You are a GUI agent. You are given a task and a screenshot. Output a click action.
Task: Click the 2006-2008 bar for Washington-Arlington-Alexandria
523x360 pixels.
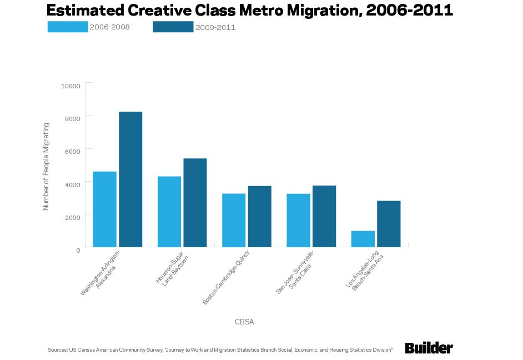point(104,209)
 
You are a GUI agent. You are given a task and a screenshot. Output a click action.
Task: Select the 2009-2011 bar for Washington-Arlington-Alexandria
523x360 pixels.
point(130,179)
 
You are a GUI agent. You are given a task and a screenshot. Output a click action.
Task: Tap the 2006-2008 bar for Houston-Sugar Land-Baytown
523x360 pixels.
point(169,212)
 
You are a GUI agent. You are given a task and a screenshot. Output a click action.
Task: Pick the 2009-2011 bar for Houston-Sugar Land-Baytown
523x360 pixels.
point(195,203)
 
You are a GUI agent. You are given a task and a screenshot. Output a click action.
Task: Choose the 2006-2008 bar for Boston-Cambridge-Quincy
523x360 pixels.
point(234,220)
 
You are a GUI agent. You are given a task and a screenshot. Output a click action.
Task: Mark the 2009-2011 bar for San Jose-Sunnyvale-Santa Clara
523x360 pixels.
point(324,216)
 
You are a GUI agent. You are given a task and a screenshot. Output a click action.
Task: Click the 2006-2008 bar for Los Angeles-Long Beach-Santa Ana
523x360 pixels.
point(363,239)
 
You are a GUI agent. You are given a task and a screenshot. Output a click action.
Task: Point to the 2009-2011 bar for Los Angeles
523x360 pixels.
point(389,224)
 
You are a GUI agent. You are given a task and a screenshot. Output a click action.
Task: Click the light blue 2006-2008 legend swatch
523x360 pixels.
point(68,27)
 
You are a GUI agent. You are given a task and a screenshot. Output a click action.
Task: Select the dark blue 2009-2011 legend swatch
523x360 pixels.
point(173,27)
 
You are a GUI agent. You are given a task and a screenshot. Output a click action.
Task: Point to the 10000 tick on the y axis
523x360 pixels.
point(71,86)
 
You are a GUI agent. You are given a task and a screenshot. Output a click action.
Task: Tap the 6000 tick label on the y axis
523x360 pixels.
point(72,151)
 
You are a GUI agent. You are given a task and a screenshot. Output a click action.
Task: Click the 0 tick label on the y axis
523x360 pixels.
point(78,250)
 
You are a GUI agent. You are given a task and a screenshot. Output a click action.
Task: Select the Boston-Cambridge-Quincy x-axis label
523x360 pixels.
point(226,278)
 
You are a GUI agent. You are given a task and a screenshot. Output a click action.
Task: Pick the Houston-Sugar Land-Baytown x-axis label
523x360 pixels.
point(172,269)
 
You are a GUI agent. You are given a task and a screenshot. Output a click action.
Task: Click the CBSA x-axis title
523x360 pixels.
point(244,322)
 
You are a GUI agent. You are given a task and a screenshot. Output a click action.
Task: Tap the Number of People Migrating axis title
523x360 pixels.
point(47,167)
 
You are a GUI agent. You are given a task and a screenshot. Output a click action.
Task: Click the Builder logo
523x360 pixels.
point(429,348)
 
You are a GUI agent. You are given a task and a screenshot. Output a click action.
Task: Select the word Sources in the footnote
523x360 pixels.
point(57,350)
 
